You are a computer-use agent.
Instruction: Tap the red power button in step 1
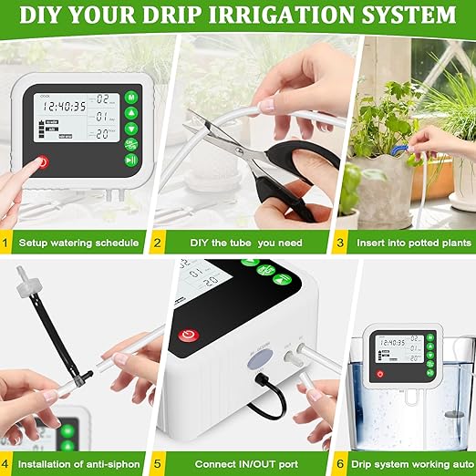(x=41, y=163)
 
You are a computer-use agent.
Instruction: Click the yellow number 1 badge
(x=7, y=243)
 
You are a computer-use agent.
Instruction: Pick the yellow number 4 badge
(x=7, y=464)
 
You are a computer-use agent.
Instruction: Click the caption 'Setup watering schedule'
(x=79, y=243)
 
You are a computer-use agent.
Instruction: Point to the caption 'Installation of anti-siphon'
(x=79, y=464)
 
